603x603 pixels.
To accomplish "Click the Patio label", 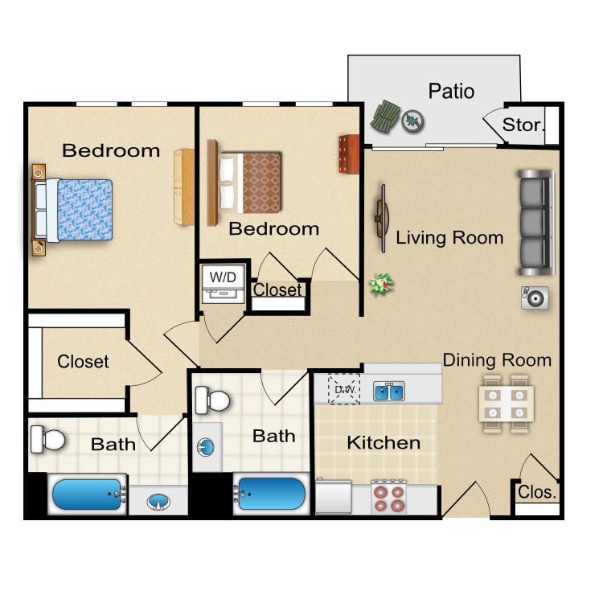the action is pos(451,92).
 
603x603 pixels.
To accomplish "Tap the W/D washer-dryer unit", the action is pos(224,284).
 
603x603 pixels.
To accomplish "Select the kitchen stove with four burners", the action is pos(389,496).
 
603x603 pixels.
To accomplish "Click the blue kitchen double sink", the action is pos(389,392).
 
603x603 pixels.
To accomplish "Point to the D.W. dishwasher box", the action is pos(344,389).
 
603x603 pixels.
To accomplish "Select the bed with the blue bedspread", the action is pos(73,210).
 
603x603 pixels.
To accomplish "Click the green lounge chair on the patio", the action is pos(385,117).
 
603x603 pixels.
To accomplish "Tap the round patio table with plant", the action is pos(412,121).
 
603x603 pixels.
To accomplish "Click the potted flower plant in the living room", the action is pos(381,284).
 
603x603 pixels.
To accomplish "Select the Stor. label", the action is pos(523,125).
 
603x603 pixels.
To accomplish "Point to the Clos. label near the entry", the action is pos(537,492).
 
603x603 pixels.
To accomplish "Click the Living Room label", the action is pos(449,238).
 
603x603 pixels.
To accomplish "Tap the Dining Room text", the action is pos(497,360).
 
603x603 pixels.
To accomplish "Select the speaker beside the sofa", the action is pos(535,297).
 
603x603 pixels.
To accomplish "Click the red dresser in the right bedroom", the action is pos(349,154).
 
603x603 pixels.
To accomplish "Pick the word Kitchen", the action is pos(384,443).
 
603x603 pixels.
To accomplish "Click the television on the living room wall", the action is pos(382,219).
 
